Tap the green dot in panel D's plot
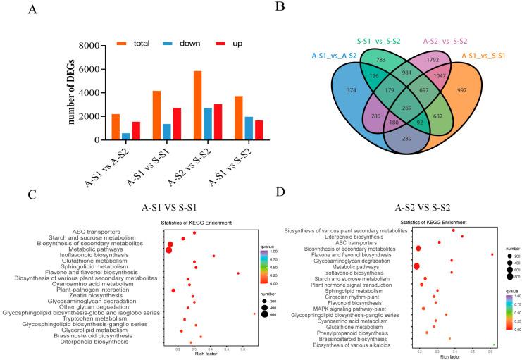coord(494,345)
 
